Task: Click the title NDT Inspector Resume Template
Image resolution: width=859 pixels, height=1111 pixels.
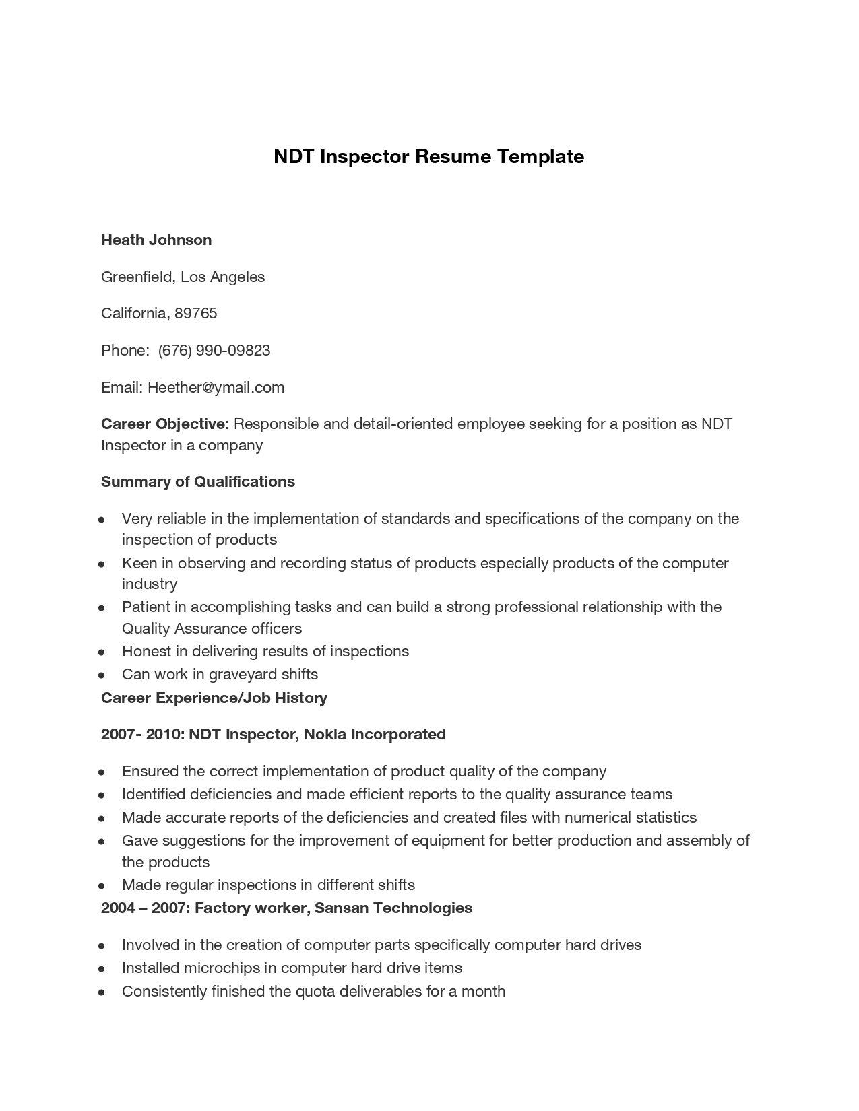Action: click(428, 157)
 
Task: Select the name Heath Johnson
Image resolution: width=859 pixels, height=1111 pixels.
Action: click(156, 240)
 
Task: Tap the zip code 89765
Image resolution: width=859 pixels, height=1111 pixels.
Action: click(196, 314)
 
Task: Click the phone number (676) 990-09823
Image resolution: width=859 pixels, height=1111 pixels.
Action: click(214, 351)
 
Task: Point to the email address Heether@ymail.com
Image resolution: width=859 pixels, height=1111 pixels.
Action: click(216, 388)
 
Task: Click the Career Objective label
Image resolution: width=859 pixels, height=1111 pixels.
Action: click(163, 424)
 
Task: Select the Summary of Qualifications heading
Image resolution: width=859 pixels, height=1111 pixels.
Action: click(198, 482)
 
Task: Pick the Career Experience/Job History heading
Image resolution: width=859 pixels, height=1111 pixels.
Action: click(214, 698)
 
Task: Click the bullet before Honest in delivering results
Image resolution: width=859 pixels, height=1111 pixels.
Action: click(101, 652)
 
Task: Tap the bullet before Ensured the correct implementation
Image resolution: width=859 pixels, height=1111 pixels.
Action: click(101, 772)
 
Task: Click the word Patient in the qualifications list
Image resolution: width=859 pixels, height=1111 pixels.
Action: click(146, 607)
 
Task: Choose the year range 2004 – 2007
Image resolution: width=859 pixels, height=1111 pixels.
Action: click(144, 908)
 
